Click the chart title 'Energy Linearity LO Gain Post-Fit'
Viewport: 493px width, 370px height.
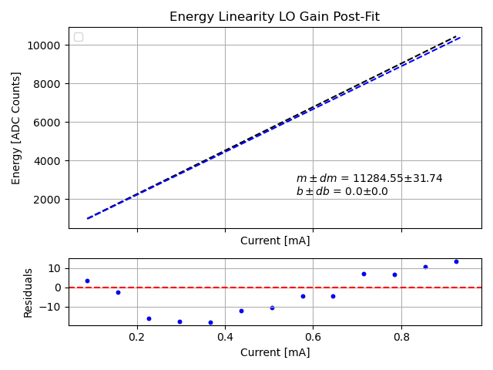[274, 17]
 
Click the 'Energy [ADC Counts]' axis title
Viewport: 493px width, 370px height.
[16, 128]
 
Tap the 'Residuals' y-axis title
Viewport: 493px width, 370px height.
[29, 292]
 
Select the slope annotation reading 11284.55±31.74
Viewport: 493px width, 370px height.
[369, 178]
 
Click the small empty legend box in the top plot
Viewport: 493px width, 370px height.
[79, 37]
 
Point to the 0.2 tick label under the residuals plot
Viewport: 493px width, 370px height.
[137, 337]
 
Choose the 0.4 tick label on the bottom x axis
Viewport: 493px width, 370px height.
[225, 337]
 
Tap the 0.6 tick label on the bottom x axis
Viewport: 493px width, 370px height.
[313, 337]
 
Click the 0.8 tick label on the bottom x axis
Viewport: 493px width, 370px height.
[401, 337]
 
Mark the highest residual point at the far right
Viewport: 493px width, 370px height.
[456, 261]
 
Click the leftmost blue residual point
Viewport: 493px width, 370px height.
[87, 281]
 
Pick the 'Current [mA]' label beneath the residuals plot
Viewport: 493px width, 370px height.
[275, 352]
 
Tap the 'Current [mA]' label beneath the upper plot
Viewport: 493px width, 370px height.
[275, 240]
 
